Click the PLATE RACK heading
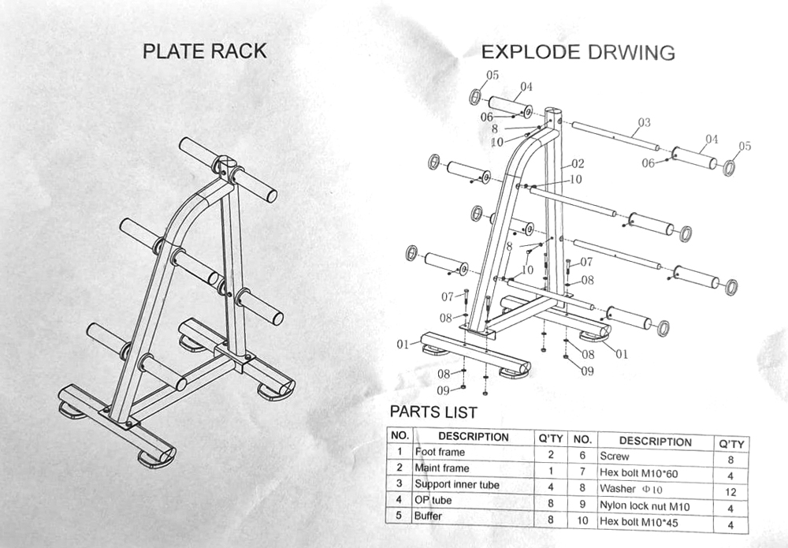pyautogui.click(x=204, y=51)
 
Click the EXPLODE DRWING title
pyautogui.click(x=578, y=53)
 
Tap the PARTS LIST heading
pyautogui.click(x=433, y=412)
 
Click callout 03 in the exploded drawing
pyautogui.click(x=644, y=122)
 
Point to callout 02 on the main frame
pyautogui.click(x=577, y=164)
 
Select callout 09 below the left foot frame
pyautogui.click(x=444, y=390)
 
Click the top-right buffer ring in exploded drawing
pyautogui.click(x=730, y=167)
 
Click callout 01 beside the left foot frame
pyautogui.click(x=403, y=344)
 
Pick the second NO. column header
pyautogui.click(x=582, y=440)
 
